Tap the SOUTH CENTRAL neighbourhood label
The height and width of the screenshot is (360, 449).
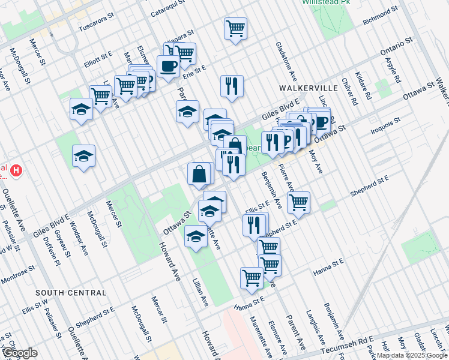pyautogui.click(x=71, y=293)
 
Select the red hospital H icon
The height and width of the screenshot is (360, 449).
pyautogui.click(x=16, y=171)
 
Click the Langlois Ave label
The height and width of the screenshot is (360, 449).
pyautogui.click(x=315, y=322)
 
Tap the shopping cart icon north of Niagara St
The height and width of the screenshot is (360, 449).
pyautogui.click(x=236, y=28)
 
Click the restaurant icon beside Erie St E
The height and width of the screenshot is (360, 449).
pyautogui.click(x=231, y=86)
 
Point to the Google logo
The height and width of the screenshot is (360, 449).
pyautogui.click(x=20, y=353)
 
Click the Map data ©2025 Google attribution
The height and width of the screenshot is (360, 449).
pyautogui.click(x=412, y=355)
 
